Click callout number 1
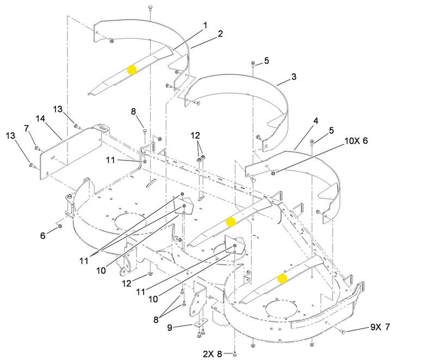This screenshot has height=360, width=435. point(205,25)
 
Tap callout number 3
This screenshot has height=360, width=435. point(293,77)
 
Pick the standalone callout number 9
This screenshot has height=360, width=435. point(169,327)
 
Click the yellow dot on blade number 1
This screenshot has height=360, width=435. point(132,70)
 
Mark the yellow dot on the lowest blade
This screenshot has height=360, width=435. point(282,278)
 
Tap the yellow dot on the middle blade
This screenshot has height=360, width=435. point(231,221)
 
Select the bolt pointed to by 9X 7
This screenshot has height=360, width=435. point(344,332)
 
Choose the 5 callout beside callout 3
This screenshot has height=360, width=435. point(266,60)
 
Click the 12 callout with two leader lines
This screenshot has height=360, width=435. point(196,134)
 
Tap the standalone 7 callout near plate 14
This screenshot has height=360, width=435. point(26,128)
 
